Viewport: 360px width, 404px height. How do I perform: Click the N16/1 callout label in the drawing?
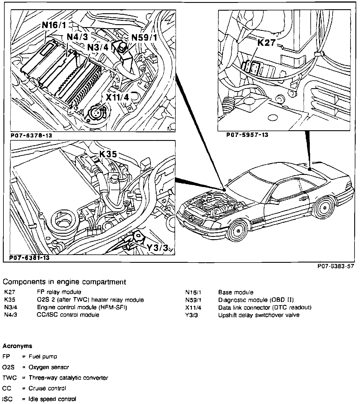(x=54, y=25)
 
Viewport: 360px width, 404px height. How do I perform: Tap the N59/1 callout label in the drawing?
(x=145, y=37)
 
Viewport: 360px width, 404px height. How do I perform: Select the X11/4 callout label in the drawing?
(x=117, y=97)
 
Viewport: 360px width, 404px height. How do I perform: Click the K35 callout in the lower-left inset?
(x=108, y=154)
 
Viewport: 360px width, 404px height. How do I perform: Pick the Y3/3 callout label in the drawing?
(x=157, y=248)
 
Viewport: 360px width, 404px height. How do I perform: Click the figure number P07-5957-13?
(x=247, y=135)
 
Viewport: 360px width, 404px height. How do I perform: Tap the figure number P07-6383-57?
(x=335, y=267)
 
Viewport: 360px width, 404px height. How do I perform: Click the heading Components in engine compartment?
(x=64, y=282)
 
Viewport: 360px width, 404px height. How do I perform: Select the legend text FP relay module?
(x=59, y=292)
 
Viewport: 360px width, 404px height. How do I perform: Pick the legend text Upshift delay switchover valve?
(x=259, y=315)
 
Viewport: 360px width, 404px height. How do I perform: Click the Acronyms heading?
(x=17, y=346)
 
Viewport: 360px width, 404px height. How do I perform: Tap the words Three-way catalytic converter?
(x=68, y=378)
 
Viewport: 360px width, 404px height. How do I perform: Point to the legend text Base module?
(x=236, y=292)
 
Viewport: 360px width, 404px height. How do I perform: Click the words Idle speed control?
(x=52, y=399)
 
